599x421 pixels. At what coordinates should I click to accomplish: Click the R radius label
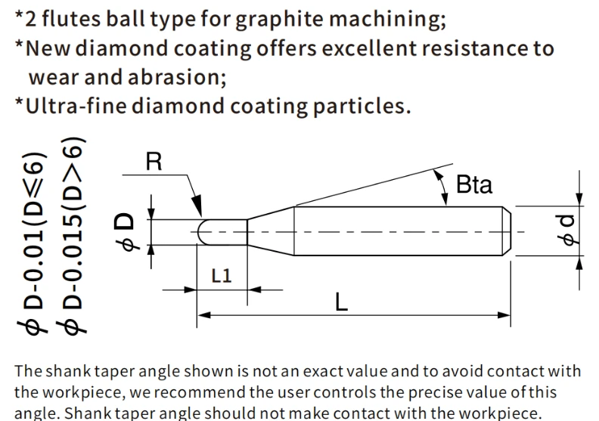pyautogui.click(x=154, y=162)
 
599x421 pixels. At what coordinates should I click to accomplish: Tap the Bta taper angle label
pyautogui.click(x=474, y=184)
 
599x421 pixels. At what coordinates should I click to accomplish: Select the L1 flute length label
pyautogui.click(x=222, y=275)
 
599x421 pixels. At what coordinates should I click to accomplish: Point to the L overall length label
pyautogui.click(x=341, y=302)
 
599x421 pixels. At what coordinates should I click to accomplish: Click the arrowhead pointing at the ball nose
pyautogui.click(x=197, y=206)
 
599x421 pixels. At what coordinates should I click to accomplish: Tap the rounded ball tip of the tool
pyautogui.click(x=203, y=232)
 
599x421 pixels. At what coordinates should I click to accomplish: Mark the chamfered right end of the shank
pyautogui.click(x=507, y=231)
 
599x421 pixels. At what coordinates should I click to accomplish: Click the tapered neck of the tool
pyautogui.click(x=271, y=231)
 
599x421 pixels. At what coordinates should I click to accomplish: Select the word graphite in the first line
pyautogui.click(x=279, y=19)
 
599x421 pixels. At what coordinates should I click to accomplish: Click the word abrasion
pyautogui.click(x=177, y=77)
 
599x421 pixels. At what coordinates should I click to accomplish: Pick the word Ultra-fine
pyautogui.click(x=76, y=105)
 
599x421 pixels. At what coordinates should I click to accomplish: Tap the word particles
pyautogui.click(x=362, y=107)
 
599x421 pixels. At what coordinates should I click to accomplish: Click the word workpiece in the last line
pyautogui.click(x=501, y=413)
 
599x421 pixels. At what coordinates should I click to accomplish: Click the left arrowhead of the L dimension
pyautogui.click(x=204, y=315)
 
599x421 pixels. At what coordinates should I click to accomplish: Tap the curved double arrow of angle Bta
pyautogui.click(x=442, y=187)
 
